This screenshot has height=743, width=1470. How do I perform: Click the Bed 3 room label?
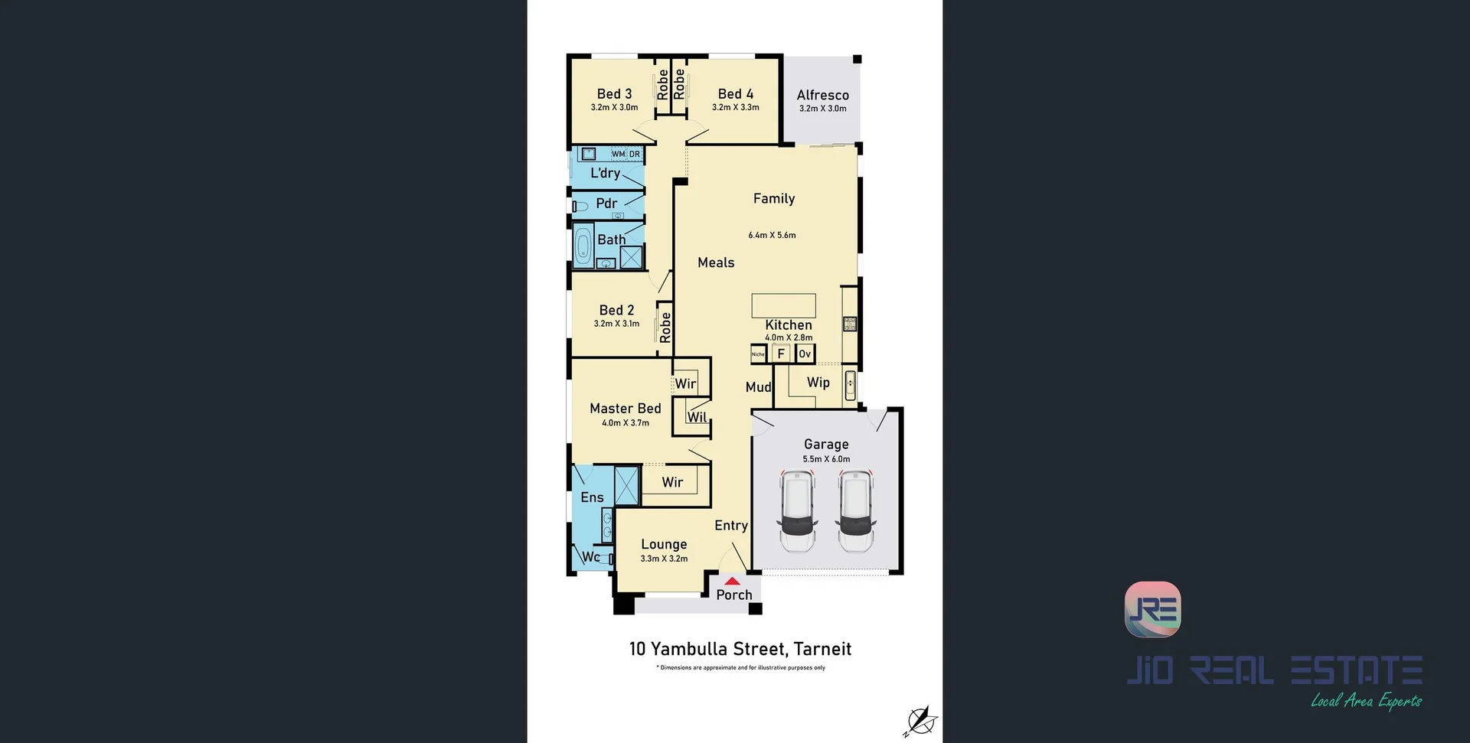tap(614, 94)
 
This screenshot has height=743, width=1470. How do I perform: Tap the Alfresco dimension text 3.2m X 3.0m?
tap(822, 109)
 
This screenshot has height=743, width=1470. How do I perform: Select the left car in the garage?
tap(797, 510)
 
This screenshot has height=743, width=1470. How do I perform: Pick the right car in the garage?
tap(855, 510)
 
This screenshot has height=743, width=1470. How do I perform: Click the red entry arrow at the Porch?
tap(733, 582)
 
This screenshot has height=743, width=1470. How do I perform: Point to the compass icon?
tap(920, 721)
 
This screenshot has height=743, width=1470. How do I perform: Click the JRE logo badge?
tap(1152, 609)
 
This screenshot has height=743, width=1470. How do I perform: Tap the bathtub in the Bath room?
tap(583, 246)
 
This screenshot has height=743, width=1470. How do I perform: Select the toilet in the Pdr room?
tap(581, 206)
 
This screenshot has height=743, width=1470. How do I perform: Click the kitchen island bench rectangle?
tap(783, 305)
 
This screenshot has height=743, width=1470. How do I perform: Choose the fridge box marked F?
tap(781, 354)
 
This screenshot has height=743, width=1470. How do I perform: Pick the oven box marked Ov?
tap(805, 354)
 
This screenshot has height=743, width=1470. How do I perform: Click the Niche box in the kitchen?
tap(758, 354)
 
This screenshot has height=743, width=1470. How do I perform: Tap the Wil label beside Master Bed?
tap(697, 417)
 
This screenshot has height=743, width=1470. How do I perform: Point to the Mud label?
tap(758, 387)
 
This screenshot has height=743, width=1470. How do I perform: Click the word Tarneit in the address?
tap(822, 649)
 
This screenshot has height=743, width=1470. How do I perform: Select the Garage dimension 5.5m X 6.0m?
tap(826, 459)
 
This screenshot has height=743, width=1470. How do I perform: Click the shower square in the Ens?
tap(626, 485)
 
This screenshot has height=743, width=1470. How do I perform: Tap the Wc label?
tap(591, 557)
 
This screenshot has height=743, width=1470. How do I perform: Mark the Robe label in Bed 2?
tap(665, 327)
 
